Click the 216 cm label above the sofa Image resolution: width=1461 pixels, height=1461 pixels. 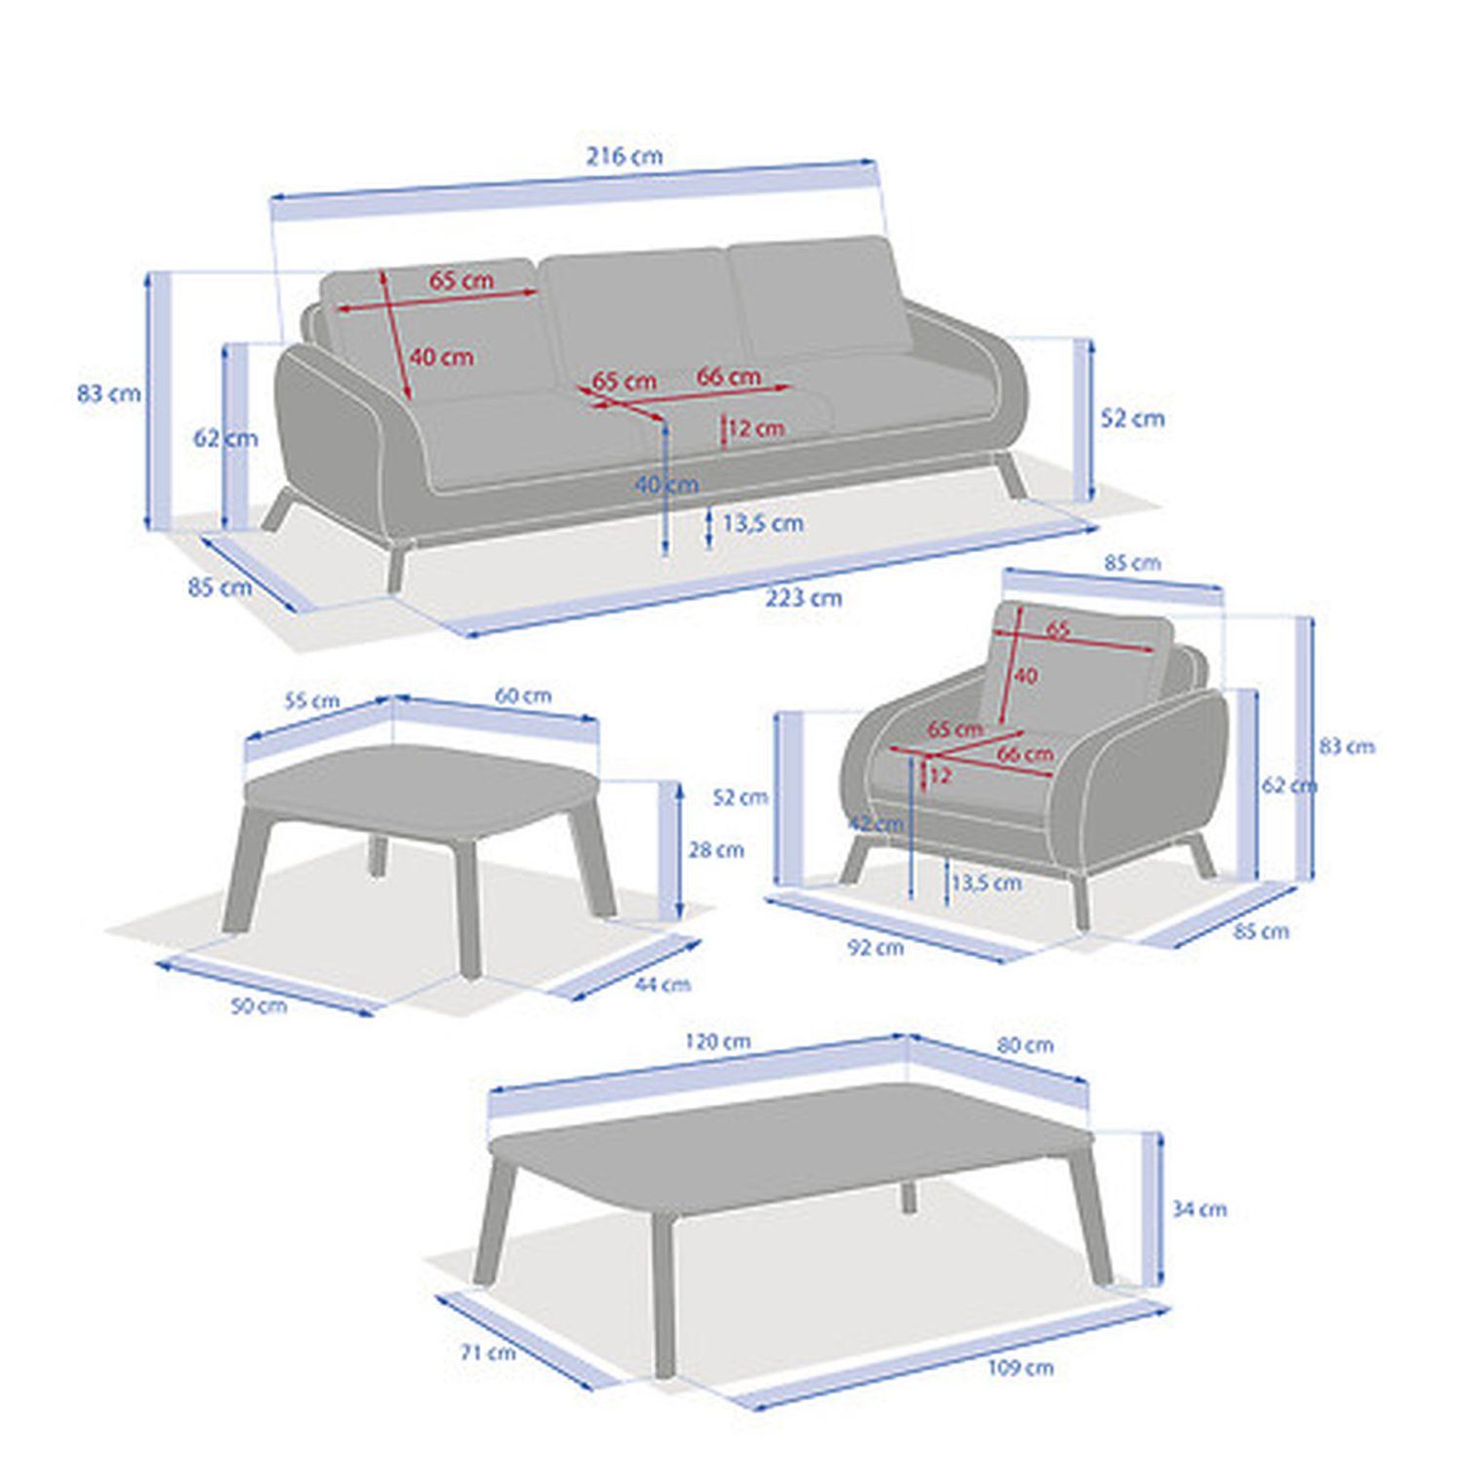click(625, 156)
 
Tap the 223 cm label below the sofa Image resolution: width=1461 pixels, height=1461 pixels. click(803, 598)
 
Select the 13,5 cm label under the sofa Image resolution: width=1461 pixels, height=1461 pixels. click(763, 522)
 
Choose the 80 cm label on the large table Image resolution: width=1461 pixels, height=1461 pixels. click(1025, 1045)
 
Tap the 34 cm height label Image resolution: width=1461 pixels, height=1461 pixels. click(1198, 1209)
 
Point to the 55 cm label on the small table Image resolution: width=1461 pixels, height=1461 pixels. click(312, 701)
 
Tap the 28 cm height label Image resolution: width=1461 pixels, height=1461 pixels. click(716, 849)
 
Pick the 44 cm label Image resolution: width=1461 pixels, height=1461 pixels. click(663, 984)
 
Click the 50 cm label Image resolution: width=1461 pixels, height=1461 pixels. click(259, 1006)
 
